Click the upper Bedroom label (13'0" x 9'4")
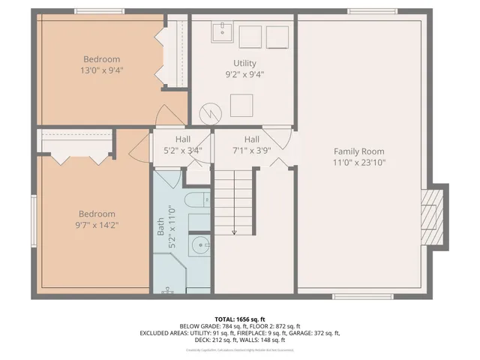click(x=101, y=65)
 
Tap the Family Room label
click(x=358, y=157)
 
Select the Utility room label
click(x=244, y=69)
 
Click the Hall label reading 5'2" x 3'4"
click(x=183, y=145)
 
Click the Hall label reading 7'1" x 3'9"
click(x=251, y=144)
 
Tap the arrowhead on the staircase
click(x=234, y=232)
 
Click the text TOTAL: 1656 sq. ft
click(x=240, y=319)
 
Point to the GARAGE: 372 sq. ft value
click(x=316, y=333)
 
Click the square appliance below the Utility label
click(x=241, y=105)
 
